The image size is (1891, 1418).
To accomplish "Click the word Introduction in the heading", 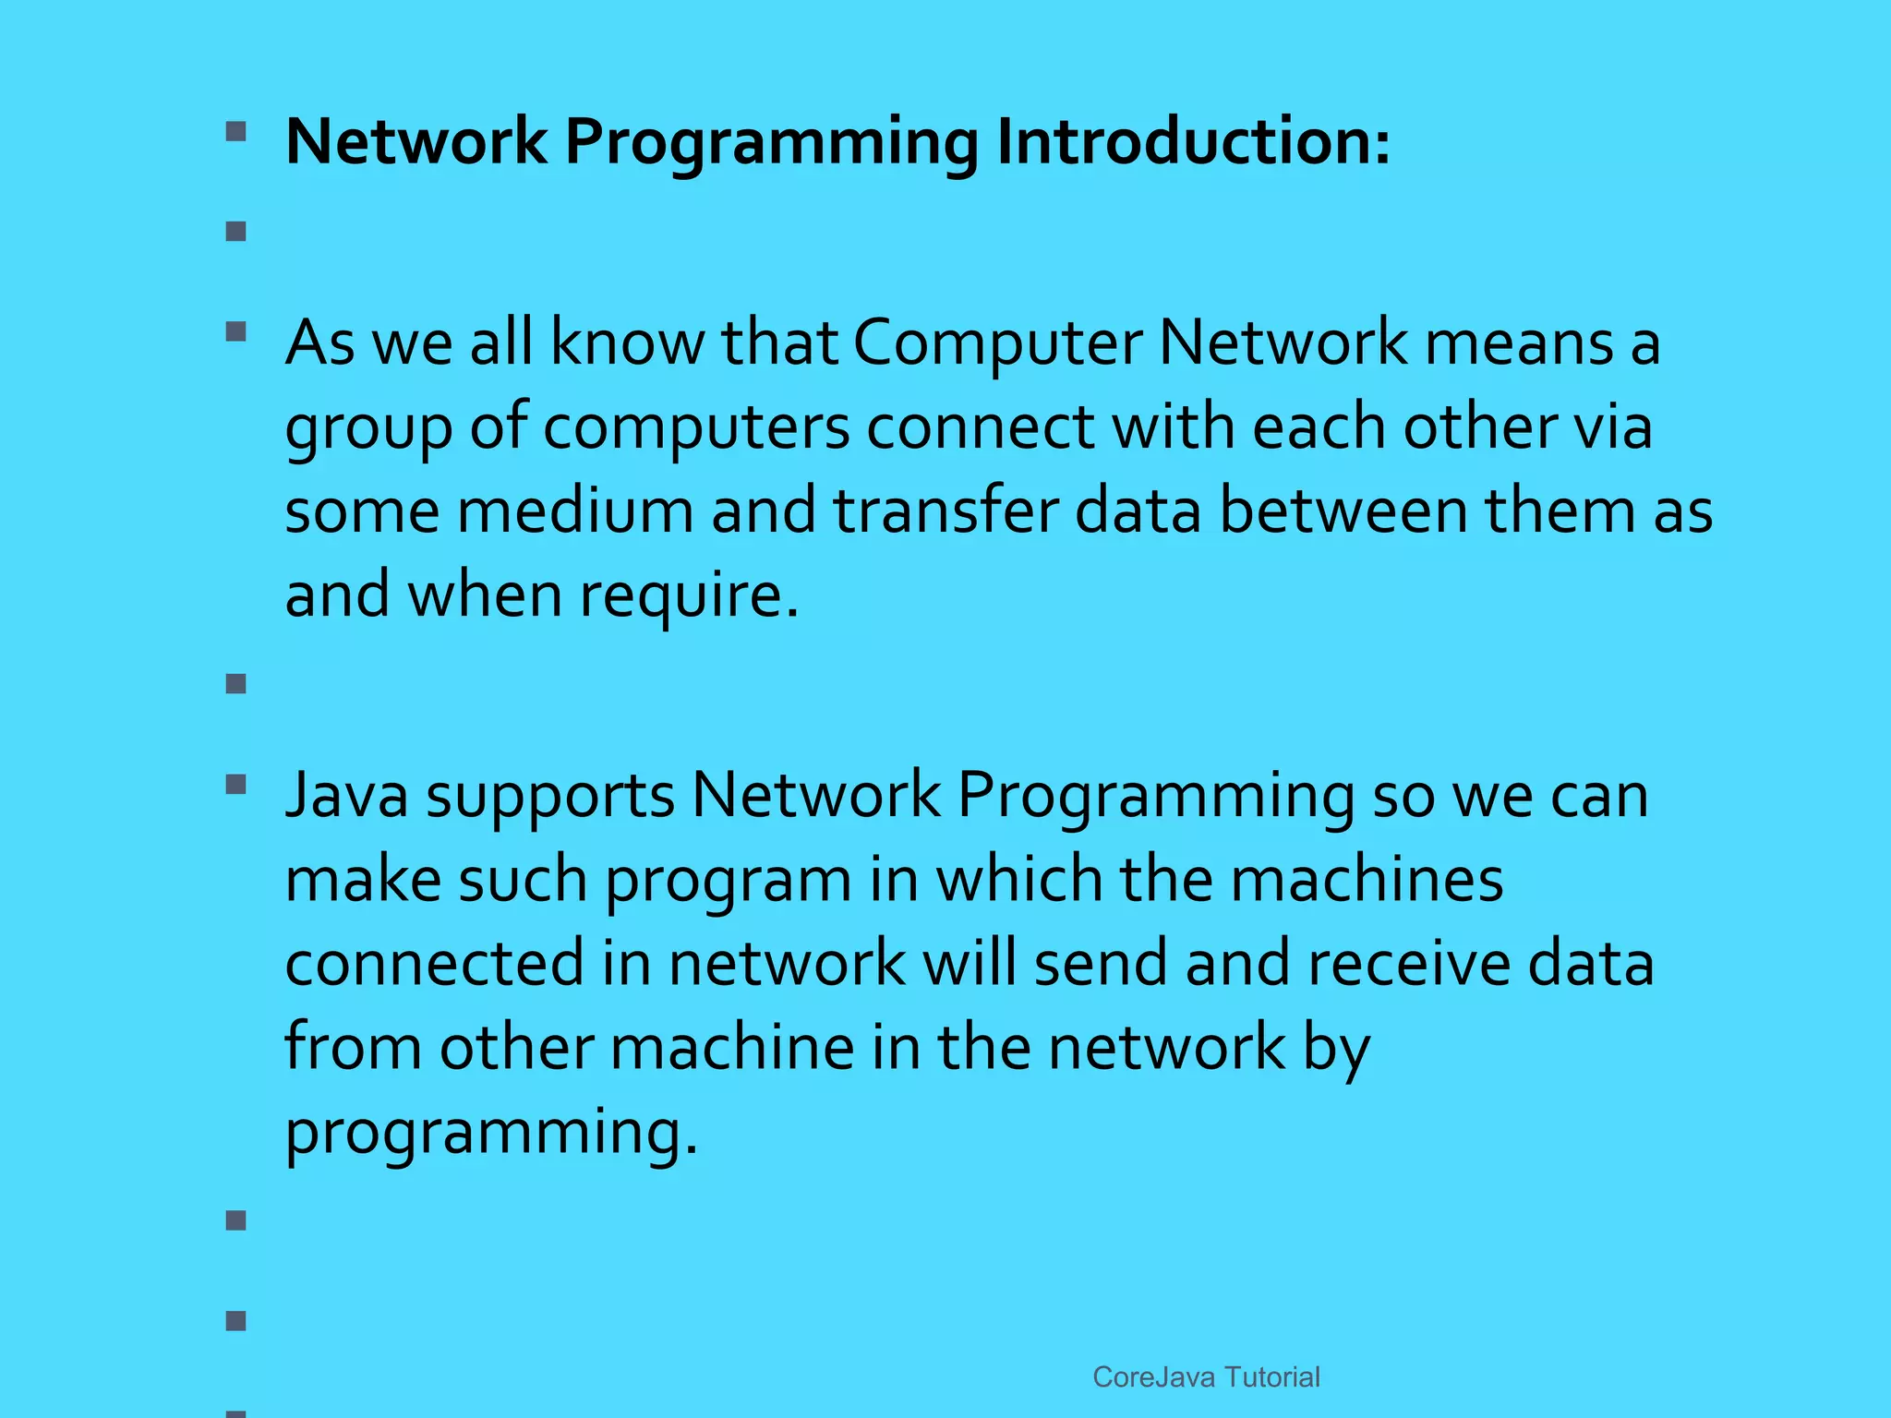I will point(1192,142).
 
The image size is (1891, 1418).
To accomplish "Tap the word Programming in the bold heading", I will point(771,144).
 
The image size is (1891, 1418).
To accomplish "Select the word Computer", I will point(997,343).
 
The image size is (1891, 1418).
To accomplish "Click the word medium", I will point(575,511).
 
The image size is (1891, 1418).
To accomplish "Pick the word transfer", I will point(945,511).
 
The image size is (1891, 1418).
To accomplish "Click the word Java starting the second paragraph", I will point(346,795).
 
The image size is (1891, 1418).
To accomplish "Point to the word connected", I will point(435,963).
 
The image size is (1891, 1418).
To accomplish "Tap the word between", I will point(1343,511).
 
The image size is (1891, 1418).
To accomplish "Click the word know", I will point(628,343).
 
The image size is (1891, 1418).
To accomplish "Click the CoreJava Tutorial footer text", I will point(1206,1377).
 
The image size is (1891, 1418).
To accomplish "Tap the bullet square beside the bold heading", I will point(236,131).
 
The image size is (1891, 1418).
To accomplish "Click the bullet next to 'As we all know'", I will point(236,331).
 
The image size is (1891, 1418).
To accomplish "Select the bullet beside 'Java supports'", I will point(236,785).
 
